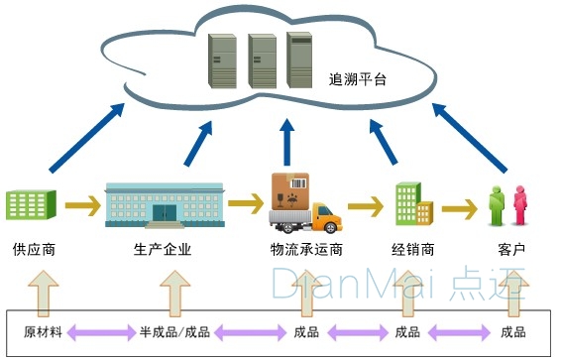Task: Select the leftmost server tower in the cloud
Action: pyautogui.click(x=222, y=63)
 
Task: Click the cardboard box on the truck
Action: pyautogui.click(x=290, y=188)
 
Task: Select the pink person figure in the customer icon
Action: pyautogui.click(x=518, y=206)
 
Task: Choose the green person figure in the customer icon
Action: pyautogui.click(x=497, y=206)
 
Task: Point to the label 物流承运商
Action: pyautogui.click(x=305, y=249)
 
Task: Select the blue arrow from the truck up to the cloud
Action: pyautogui.click(x=287, y=143)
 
